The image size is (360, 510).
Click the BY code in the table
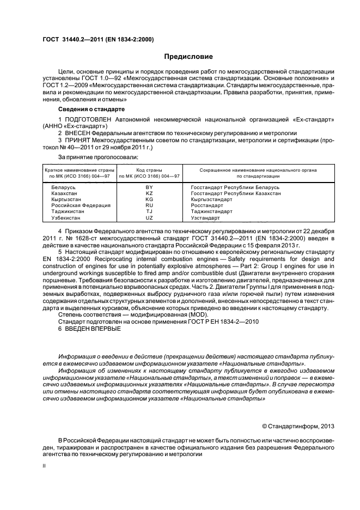pyautogui.click(x=149, y=187)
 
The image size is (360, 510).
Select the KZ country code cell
pyautogui.click(x=149, y=193)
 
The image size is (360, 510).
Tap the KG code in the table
pyautogui.click(x=149, y=199)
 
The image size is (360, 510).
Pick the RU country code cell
pyautogui.click(x=149, y=205)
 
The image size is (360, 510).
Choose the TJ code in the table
pyautogui.click(x=149, y=211)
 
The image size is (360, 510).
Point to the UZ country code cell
pyautogui.click(x=149, y=218)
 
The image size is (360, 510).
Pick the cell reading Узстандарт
pyautogui.click(x=205, y=218)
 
